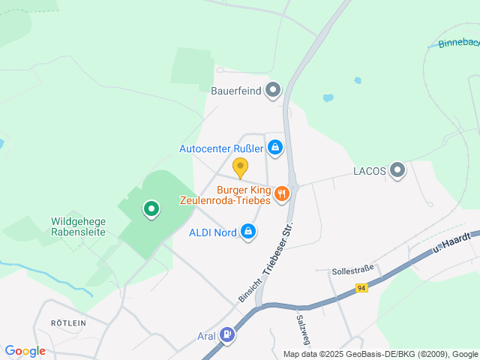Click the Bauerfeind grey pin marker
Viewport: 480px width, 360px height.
[273, 91]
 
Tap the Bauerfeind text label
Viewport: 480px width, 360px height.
[236, 91]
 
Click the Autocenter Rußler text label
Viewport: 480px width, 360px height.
[221, 148]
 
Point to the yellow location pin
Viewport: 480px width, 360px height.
[240, 167]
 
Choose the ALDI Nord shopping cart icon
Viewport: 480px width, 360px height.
[248, 232]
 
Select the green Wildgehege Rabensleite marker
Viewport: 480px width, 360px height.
[151, 208]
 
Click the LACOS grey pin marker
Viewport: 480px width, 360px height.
[397, 170]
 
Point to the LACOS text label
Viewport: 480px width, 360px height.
[369, 171]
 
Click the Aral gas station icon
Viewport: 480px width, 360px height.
[227, 335]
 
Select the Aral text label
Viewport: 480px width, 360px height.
[205, 335]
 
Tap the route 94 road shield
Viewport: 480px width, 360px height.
[361, 288]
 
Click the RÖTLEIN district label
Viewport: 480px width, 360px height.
[69, 322]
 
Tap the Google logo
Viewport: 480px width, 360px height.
[25, 350]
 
